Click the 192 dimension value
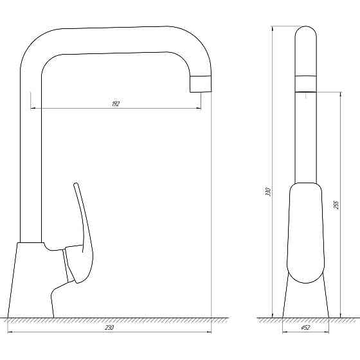click(x=116, y=104)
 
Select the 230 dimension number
click(x=109, y=327)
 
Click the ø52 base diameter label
click(x=306, y=327)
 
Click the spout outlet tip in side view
click(x=200, y=84)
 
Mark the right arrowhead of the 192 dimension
click(x=199, y=107)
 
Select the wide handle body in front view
click(x=305, y=231)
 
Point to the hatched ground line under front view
click(x=109, y=319)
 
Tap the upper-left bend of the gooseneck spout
click(x=35, y=45)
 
